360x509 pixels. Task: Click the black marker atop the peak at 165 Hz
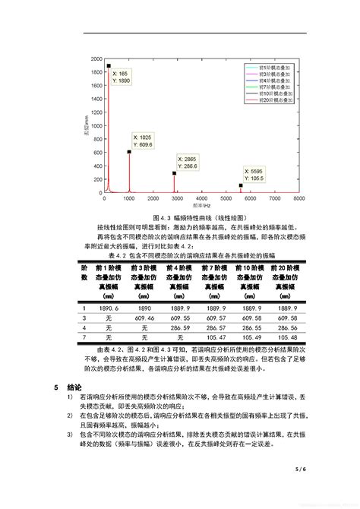[109, 65]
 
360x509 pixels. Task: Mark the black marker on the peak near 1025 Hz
[129, 152]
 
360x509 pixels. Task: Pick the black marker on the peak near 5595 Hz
[242, 185]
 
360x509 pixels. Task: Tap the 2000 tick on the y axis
[95, 58]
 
